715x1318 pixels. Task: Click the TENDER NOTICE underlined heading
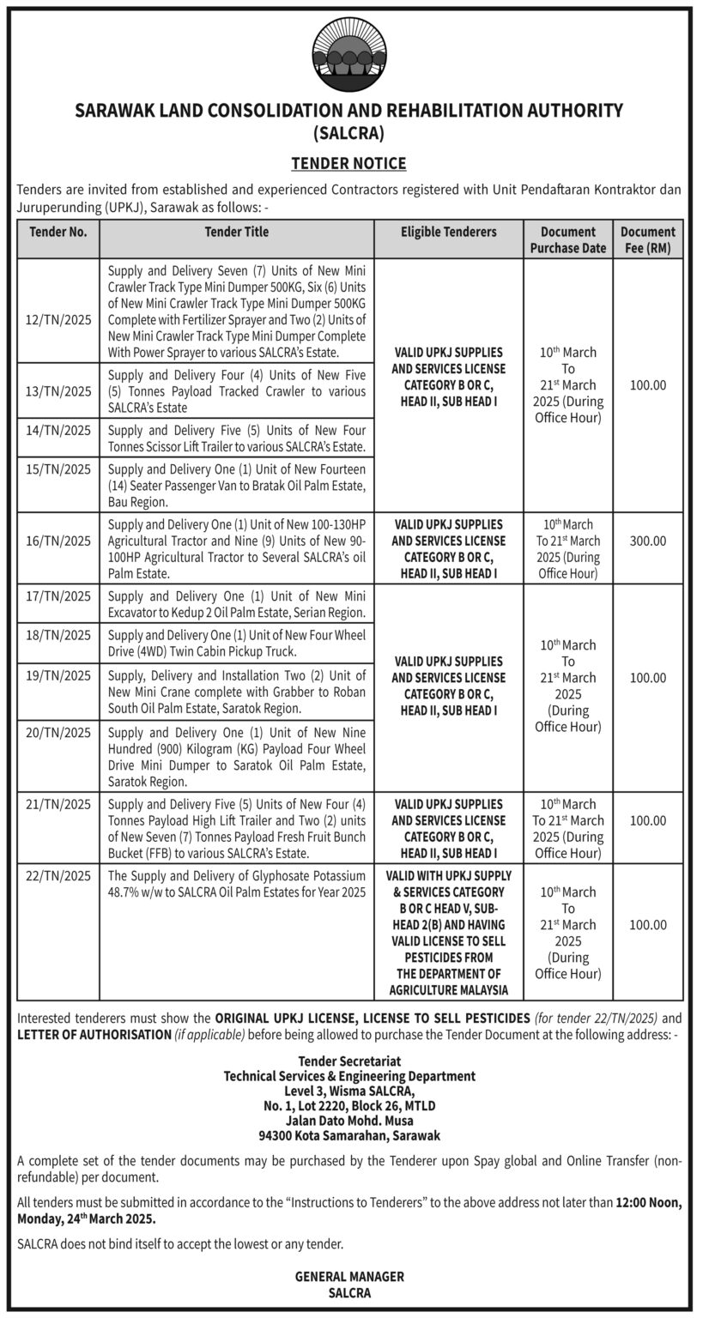[x=348, y=163]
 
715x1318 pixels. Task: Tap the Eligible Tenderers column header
[x=448, y=232]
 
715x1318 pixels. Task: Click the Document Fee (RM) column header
[x=648, y=239]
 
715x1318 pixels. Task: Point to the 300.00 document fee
[x=648, y=541]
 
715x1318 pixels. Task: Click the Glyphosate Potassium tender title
[x=237, y=884]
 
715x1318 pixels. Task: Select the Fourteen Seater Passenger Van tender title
[x=237, y=485]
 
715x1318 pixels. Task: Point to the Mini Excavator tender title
[x=237, y=604]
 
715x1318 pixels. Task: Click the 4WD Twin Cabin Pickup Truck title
[x=237, y=643]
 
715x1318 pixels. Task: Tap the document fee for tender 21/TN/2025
[x=648, y=821]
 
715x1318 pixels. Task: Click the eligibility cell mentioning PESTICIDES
[x=448, y=932]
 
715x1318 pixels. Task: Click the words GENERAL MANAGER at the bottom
[x=349, y=1277]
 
